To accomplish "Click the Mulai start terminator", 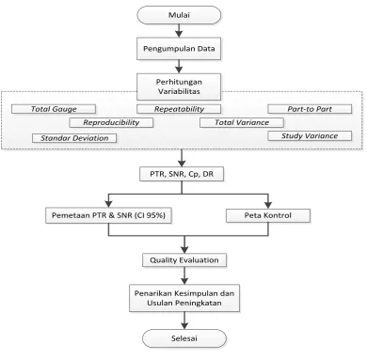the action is [179, 15].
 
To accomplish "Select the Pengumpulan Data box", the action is [179, 49].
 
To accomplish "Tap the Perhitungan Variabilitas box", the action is [179, 86].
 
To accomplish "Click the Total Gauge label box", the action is [54, 109].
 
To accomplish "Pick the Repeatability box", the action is [179, 109].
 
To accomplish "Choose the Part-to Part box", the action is [310, 109].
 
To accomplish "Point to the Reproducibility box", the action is [111, 122].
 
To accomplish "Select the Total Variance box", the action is [242, 122].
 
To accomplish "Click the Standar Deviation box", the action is [74, 138].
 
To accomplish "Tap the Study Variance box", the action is [310, 136].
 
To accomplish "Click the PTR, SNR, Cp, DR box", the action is [182, 174].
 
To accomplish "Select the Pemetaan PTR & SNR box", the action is [108, 215].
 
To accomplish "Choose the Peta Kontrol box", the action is [268, 215].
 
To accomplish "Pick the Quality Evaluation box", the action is [184, 260].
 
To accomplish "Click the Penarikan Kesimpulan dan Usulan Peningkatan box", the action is [184, 298].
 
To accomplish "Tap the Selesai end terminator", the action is [184, 338].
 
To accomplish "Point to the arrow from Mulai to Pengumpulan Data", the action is [179, 31].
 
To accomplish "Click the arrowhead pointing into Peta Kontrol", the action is [268, 205].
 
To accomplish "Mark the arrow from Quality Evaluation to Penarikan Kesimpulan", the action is [184, 275].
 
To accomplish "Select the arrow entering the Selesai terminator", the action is [184, 321].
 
